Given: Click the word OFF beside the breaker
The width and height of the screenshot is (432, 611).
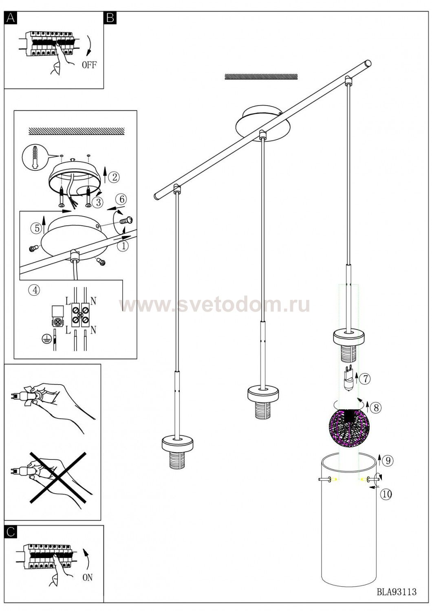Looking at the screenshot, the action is point(89,65).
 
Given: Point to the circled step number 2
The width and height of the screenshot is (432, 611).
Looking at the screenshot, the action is point(114,177).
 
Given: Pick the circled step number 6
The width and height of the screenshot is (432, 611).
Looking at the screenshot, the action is point(122,199).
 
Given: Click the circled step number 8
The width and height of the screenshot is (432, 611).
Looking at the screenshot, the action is point(376,408).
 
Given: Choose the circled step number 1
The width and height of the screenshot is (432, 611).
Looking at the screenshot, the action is point(123,246).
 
